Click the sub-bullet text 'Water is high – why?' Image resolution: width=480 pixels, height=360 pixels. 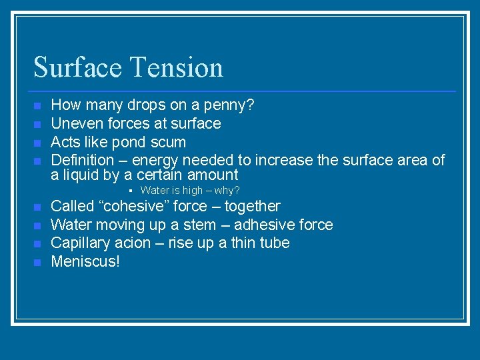point(189,191)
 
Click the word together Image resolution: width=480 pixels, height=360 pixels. point(252,206)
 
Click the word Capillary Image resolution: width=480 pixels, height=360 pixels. point(79,243)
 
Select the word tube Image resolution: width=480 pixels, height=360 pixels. point(275,243)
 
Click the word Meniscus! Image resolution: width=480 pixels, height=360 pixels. point(85,261)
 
